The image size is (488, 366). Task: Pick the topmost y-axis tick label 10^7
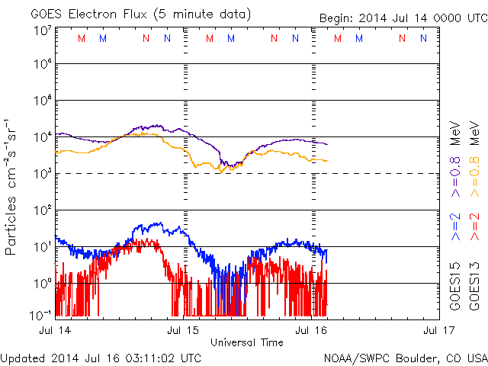[42, 29]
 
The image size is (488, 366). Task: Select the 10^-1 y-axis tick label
[40, 313]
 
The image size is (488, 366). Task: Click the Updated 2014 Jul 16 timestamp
[101, 357]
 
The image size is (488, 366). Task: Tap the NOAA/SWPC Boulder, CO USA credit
[404, 357]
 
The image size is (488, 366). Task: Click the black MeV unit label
[455, 130]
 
